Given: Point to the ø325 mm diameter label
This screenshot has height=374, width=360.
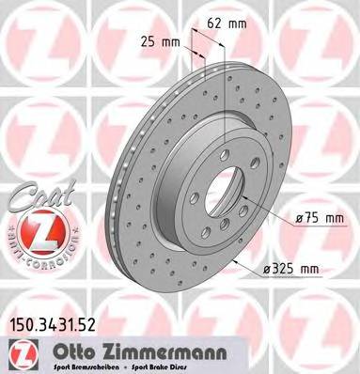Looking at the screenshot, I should (292, 271).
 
